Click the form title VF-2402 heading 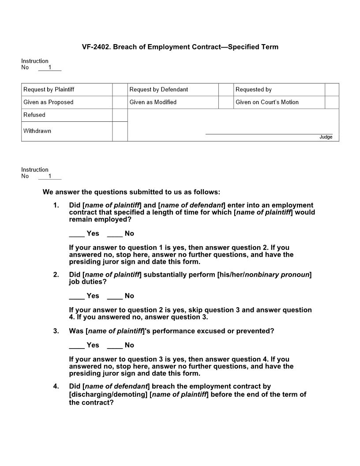point(180,47)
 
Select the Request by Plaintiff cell point(49,90)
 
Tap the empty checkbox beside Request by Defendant point(225,90)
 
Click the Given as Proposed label point(49,102)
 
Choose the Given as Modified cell point(153,102)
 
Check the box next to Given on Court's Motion point(332,102)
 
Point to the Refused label point(34,115)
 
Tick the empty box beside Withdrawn point(120,132)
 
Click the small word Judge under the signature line point(326,137)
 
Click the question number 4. point(56,387)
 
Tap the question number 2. point(56,275)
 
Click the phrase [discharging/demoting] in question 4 point(109,395)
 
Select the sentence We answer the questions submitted point(131,192)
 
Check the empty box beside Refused point(120,115)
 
